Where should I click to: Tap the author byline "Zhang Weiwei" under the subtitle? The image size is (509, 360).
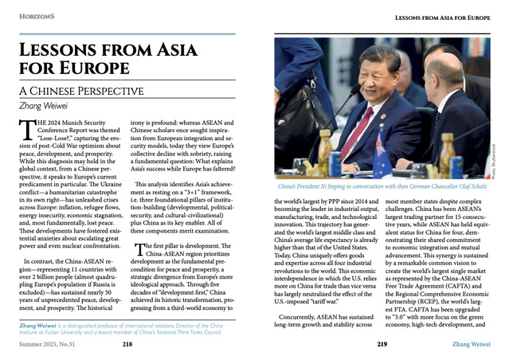[44, 104]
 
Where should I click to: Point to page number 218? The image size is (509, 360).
[127, 345]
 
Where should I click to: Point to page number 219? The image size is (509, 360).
[382, 345]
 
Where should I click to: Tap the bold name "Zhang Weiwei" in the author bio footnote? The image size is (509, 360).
[37, 325]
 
